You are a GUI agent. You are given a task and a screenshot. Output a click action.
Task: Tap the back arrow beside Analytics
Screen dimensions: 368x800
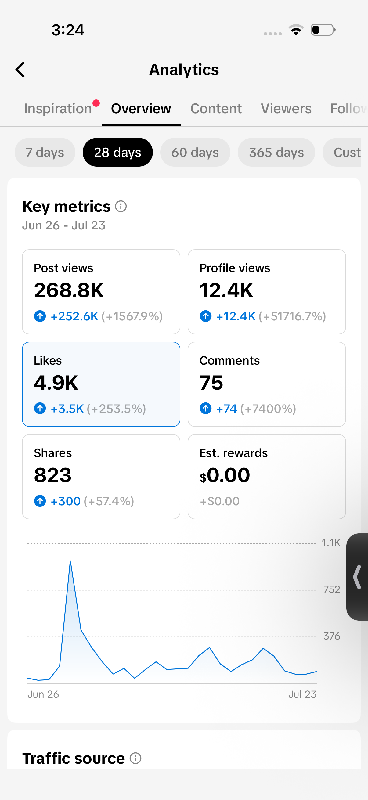click(20, 70)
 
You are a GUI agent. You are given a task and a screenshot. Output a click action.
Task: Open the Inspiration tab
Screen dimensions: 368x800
click(58, 109)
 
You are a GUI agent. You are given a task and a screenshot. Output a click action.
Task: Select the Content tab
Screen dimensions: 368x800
click(216, 109)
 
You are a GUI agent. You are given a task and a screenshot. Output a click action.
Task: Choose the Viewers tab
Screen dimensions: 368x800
click(286, 109)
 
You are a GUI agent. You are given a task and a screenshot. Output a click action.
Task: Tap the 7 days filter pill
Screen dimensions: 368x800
click(45, 152)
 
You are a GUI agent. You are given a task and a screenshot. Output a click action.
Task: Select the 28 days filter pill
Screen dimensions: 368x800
click(118, 152)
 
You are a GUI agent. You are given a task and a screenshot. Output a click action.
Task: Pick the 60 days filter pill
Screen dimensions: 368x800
click(195, 152)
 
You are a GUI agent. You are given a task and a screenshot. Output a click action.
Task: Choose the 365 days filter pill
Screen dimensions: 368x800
click(276, 152)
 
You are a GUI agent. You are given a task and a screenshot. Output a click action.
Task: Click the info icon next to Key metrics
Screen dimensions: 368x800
click(121, 206)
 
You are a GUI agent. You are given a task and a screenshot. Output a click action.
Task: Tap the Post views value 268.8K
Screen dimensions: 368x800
click(69, 290)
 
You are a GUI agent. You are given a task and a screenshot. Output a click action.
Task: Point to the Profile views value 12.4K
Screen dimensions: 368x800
click(226, 290)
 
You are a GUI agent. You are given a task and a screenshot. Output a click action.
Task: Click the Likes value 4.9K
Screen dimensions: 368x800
click(56, 383)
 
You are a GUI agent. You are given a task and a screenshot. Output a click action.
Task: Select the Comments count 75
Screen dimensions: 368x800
click(211, 383)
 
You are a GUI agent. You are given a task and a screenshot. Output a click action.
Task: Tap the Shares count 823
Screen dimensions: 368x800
click(53, 475)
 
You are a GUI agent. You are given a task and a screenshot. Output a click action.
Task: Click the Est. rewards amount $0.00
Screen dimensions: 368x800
click(225, 475)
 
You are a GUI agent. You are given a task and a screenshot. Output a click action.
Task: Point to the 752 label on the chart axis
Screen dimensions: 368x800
click(332, 589)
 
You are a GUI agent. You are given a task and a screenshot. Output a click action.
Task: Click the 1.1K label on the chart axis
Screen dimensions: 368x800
click(331, 543)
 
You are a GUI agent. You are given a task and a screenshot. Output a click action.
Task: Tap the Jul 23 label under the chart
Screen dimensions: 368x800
click(302, 694)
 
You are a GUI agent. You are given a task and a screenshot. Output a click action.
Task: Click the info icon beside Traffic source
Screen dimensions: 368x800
click(135, 758)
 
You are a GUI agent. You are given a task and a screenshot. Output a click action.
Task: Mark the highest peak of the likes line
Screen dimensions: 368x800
click(70, 561)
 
